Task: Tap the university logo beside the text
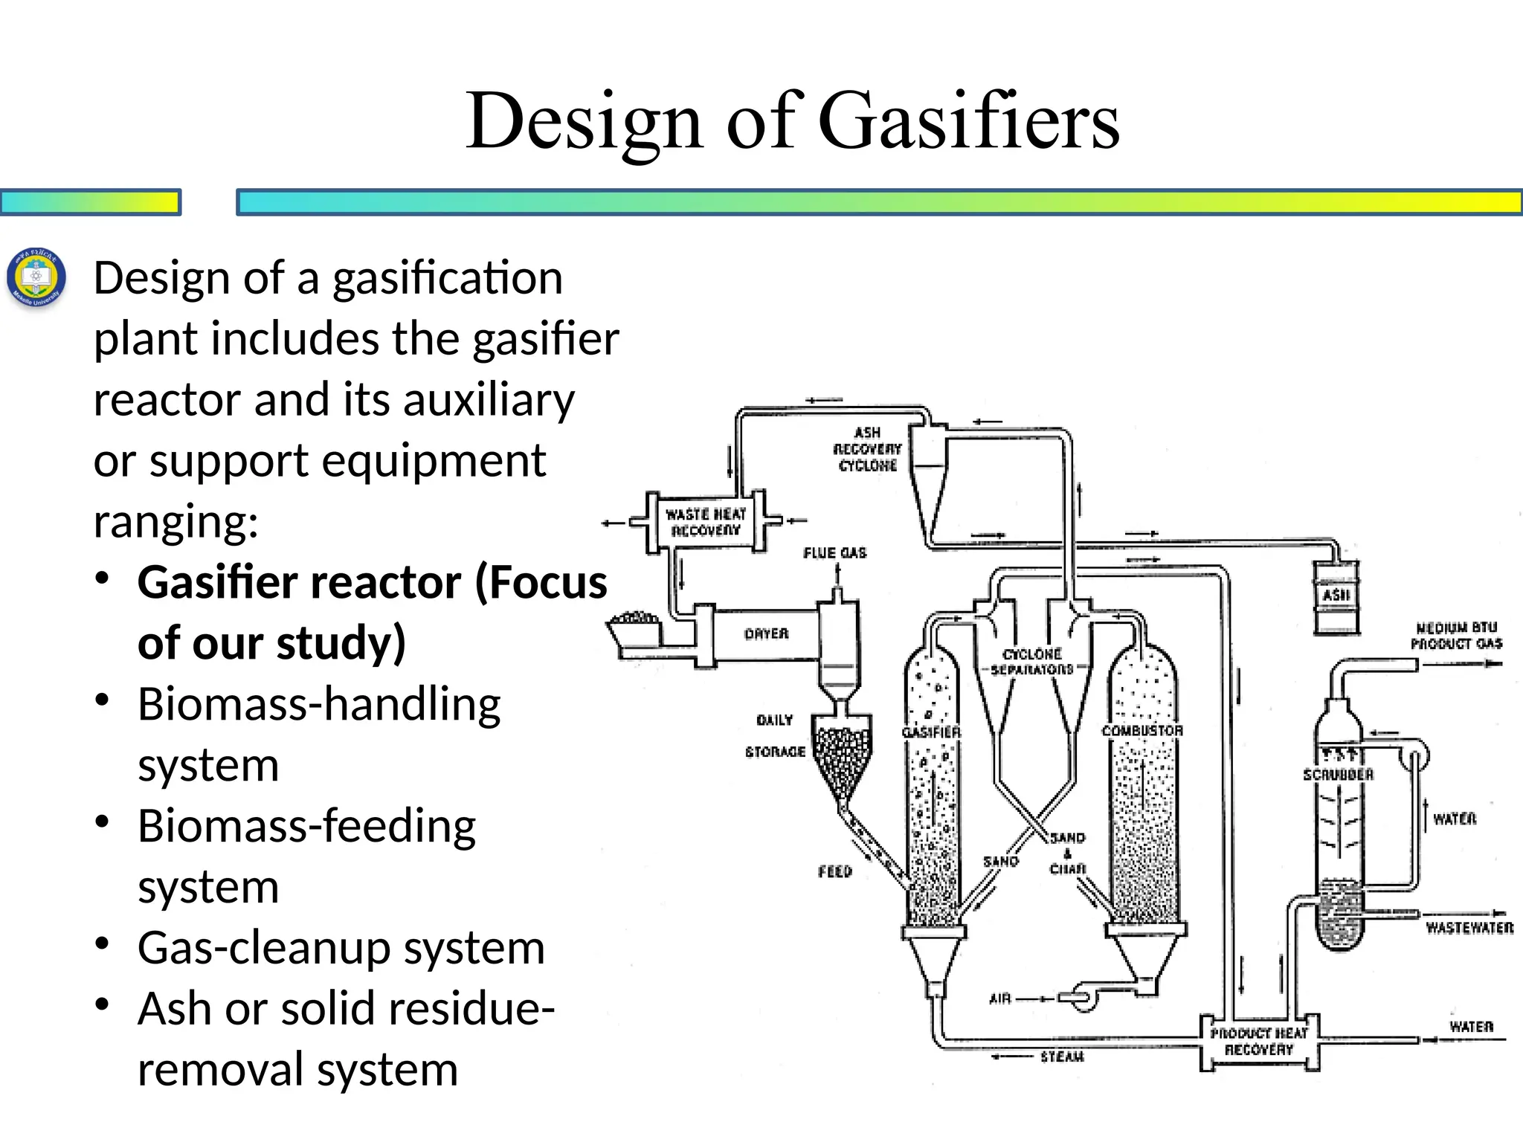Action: pos(36,280)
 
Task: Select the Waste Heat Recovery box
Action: pos(705,522)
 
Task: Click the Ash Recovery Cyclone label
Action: pos(867,449)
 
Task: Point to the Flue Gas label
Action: pos(834,553)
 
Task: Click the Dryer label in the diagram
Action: pos(766,633)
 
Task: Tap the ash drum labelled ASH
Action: pos(1336,596)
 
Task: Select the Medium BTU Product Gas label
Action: pos(1456,636)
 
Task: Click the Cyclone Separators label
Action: pos(1032,662)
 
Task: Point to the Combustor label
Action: pos(1142,731)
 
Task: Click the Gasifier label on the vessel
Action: pos(931,732)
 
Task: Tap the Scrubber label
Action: pos(1338,775)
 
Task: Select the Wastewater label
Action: pos(1469,928)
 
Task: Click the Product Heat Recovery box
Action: pos(1258,1042)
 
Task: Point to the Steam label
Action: pos(1061,1056)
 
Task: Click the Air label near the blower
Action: pos(1000,999)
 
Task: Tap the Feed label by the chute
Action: pos(834,871)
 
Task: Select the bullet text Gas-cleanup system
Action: pos(341,948)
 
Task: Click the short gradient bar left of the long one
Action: pos(90,202)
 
